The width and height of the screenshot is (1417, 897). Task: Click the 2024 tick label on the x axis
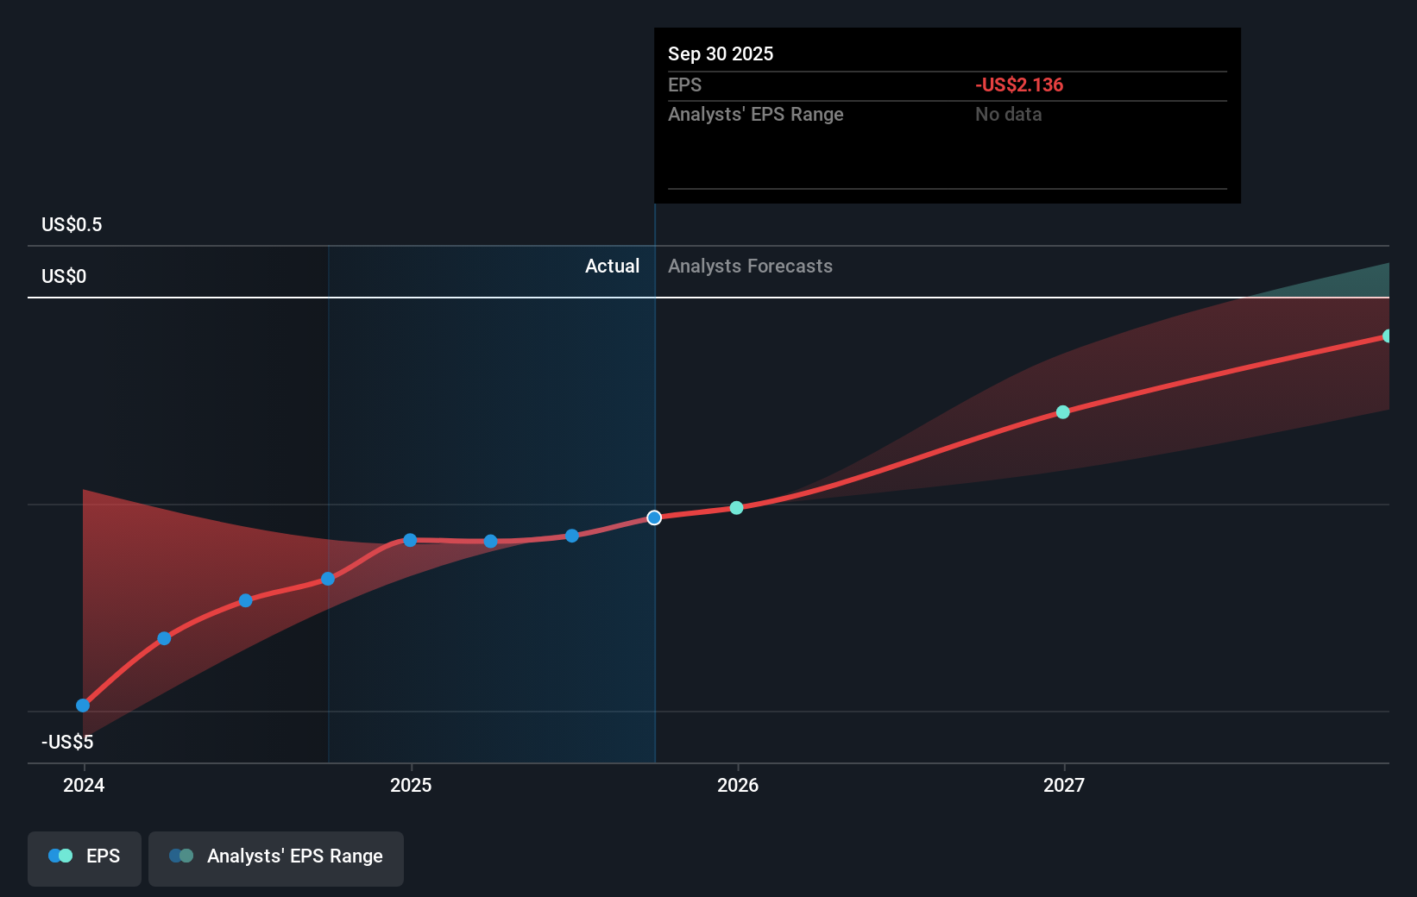(84, 785)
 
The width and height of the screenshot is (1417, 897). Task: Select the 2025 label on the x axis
(411, 785)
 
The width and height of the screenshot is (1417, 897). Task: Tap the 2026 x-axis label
(738, 785)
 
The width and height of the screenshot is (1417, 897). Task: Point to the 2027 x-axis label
(1064, 785)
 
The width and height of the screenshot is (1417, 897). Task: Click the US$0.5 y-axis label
(72, 225)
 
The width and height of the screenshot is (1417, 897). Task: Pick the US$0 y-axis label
(64, 277)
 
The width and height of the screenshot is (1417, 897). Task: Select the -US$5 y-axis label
(67, 742)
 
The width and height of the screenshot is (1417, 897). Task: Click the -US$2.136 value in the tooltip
(1019, 85)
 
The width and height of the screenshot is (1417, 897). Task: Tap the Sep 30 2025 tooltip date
(721, 54)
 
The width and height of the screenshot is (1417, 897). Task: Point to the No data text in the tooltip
(1008, 115)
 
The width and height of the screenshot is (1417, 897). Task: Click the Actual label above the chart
(612, 267)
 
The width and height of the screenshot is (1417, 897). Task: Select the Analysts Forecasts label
(750, 267)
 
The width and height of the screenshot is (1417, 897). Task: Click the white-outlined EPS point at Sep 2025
(654, 517)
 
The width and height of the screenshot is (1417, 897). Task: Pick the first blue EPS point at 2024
(83, 706)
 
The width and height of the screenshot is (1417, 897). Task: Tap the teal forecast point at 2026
(736, 508)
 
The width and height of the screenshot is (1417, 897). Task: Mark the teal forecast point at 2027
(1063, 412)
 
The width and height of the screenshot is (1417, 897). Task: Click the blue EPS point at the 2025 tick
(410, 540)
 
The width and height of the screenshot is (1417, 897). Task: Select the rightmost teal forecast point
(1387, 336)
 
